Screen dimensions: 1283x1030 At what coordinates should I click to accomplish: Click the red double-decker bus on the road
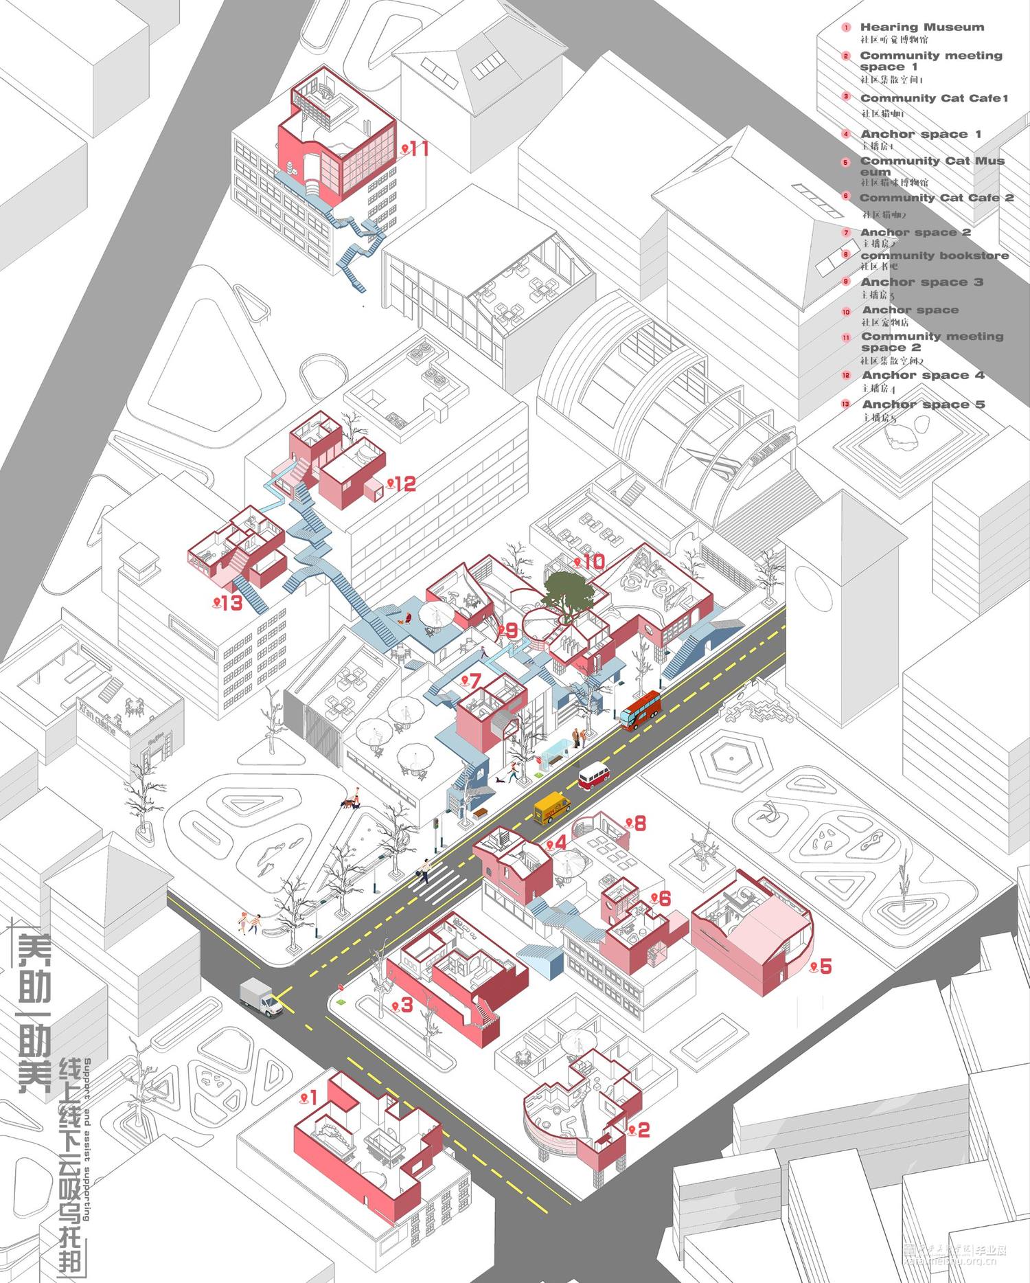641,709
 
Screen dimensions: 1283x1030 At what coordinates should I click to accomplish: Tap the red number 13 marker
229,603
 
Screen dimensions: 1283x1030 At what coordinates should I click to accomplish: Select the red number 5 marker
821,966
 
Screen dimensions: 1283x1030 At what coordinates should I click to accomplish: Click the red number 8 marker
636,823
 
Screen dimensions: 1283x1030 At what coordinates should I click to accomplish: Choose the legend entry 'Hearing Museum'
922,27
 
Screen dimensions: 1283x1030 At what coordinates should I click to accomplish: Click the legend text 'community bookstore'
934,256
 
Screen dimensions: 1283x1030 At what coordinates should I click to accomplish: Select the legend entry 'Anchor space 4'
923,375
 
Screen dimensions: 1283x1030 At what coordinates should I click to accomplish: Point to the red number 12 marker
401,484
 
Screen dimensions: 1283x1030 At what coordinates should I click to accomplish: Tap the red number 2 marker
639,1130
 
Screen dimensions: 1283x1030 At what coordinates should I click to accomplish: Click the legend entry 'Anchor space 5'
923,405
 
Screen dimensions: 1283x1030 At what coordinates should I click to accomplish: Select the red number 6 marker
661,898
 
